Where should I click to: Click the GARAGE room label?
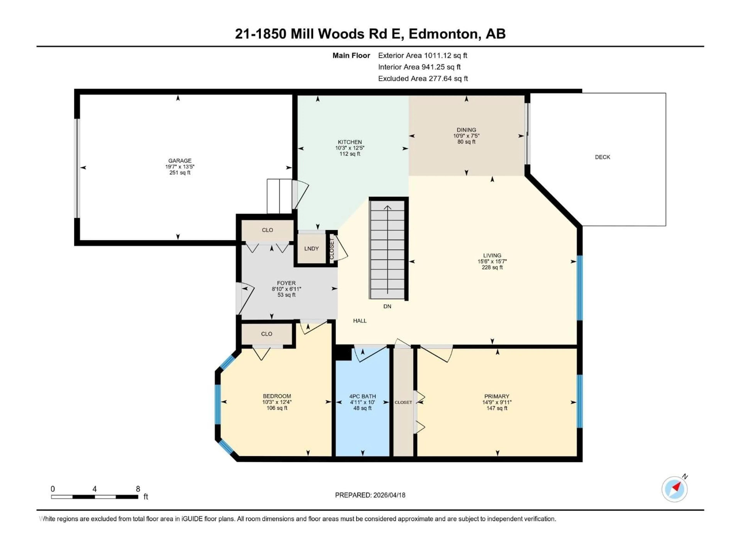click(180, 161)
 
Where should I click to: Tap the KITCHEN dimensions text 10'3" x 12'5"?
click(350, 148)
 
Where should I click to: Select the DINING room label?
click(466, 130)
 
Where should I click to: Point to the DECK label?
click(602, 157)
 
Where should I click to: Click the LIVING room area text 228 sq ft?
click(492, 267)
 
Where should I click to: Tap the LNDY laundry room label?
click(311, 249)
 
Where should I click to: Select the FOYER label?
click(286, 283)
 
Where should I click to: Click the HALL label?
click(360, 320)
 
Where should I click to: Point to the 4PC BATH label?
click(362, 396)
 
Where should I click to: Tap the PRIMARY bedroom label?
click(497, 396)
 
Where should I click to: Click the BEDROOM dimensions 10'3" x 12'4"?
click(277, 402)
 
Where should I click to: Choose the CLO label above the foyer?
click(267, 230)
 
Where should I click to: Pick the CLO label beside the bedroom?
click(267, 334)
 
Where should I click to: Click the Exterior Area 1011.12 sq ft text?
click(422, 55)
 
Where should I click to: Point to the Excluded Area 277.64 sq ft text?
click(423, 79)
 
